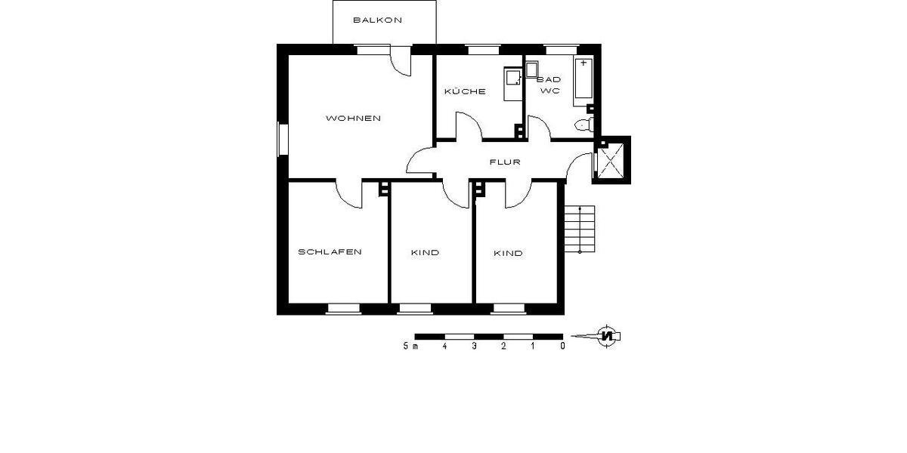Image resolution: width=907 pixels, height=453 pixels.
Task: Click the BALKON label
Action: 377,20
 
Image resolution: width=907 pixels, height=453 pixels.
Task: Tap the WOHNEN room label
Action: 353,119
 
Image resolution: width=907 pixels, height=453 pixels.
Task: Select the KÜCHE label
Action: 464,91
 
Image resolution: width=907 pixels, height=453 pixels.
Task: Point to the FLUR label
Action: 505,162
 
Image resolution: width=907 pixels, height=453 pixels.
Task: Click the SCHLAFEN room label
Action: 330,252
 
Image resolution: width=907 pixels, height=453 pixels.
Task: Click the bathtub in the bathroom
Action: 584,79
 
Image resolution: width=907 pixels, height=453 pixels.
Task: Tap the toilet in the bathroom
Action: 584,125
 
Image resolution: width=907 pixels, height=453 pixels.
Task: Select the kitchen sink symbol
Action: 513,78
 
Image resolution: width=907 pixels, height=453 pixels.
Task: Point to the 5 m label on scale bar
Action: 410,347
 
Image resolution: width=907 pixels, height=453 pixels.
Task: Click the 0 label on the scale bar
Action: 562,347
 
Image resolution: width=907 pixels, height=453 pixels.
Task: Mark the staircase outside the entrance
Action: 580,229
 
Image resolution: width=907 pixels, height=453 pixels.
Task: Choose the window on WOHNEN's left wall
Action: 283,140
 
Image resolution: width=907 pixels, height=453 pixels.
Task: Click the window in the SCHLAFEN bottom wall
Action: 344,307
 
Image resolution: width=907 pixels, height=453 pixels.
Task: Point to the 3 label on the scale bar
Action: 474,347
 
